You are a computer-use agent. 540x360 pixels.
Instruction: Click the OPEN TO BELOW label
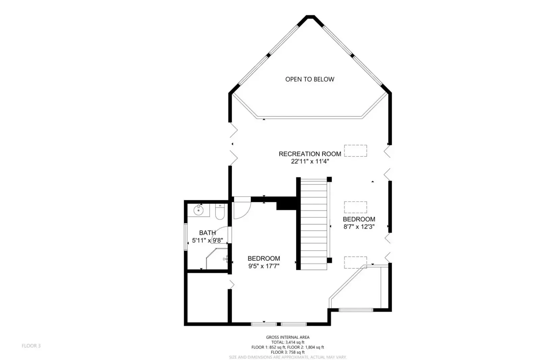click(x=310, y=79)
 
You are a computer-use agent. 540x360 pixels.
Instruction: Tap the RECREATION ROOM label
click(x=310, y=154)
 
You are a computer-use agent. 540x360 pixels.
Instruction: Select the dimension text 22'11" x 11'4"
click(x=310, y=161)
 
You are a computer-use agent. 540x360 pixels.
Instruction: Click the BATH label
click(x=207, y=233)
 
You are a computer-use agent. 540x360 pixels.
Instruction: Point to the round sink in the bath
click(x=198, y=210)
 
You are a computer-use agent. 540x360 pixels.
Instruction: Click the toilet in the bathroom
click(x=220, y=212)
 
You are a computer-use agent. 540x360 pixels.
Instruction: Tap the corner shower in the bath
click(x=217, y=259)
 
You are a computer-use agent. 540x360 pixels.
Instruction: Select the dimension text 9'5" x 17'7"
click(x=264, y=266)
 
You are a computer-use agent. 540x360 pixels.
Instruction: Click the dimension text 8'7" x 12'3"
click(x=359, y=227)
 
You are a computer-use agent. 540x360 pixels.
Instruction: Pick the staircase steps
click(x=314, y=224)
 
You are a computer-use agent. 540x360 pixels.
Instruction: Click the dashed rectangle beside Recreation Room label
click(x=356, y=151)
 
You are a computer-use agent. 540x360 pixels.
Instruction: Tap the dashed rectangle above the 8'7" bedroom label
click(x=356, y=207)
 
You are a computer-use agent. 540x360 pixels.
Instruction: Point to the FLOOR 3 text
click(x=31, y=346)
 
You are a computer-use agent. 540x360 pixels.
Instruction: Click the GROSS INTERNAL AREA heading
click(x=288, y=337)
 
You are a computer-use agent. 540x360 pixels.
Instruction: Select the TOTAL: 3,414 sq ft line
click(x=288, y=342)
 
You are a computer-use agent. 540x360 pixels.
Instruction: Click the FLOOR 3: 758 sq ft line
click(x=288, y=352)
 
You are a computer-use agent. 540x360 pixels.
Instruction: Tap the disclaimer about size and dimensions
click(x=288, y=357)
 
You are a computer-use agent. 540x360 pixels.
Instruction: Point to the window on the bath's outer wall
click(x=186, y=237)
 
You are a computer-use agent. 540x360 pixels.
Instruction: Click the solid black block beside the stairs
click(x=286, y=203)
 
